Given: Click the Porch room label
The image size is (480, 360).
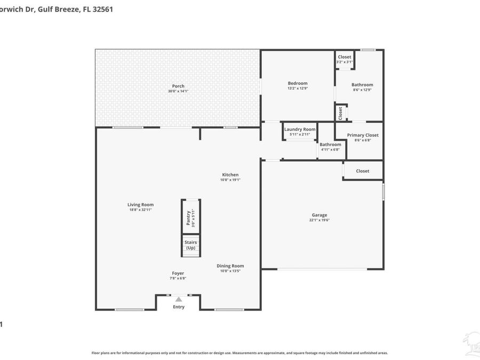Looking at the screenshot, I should pyautogui.click(x=178, y=86).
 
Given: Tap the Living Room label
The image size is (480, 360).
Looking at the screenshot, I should pyautogui.click(x=140, y=205).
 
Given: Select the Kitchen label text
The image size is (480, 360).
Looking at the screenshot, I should pyautogui.click(x=230, y=174).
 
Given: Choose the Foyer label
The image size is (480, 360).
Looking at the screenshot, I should pyautogui.click(x=178, y=273).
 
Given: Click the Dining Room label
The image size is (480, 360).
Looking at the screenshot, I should pyautogui.click(x=230, y=266).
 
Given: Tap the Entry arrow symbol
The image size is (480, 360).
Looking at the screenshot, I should pyautogui.click(x=179, y=299).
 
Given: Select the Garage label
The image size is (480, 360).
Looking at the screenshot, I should pyautogui.click(x=319, y=215).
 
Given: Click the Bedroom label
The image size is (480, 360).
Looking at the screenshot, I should pyautogui.click(x=298, y=83).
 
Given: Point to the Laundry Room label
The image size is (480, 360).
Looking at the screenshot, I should pyautogui.click(x=300, y=129).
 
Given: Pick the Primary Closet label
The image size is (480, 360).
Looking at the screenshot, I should pyautogui.click(x=363, y=135).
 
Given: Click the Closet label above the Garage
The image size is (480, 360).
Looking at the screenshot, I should pyautogui.click(x=363, y=171).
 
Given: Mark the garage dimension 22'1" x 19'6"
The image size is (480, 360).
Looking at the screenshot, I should pyautogui.click(x=319, y=220).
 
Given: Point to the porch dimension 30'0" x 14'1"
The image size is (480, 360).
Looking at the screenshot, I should pyautogui.click(x=178, y=91).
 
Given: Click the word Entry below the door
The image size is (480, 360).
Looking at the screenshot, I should pyautogui.click(x=179, y=307).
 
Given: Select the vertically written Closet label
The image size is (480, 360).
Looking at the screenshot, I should pyautogui.click(x=340, y=113).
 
